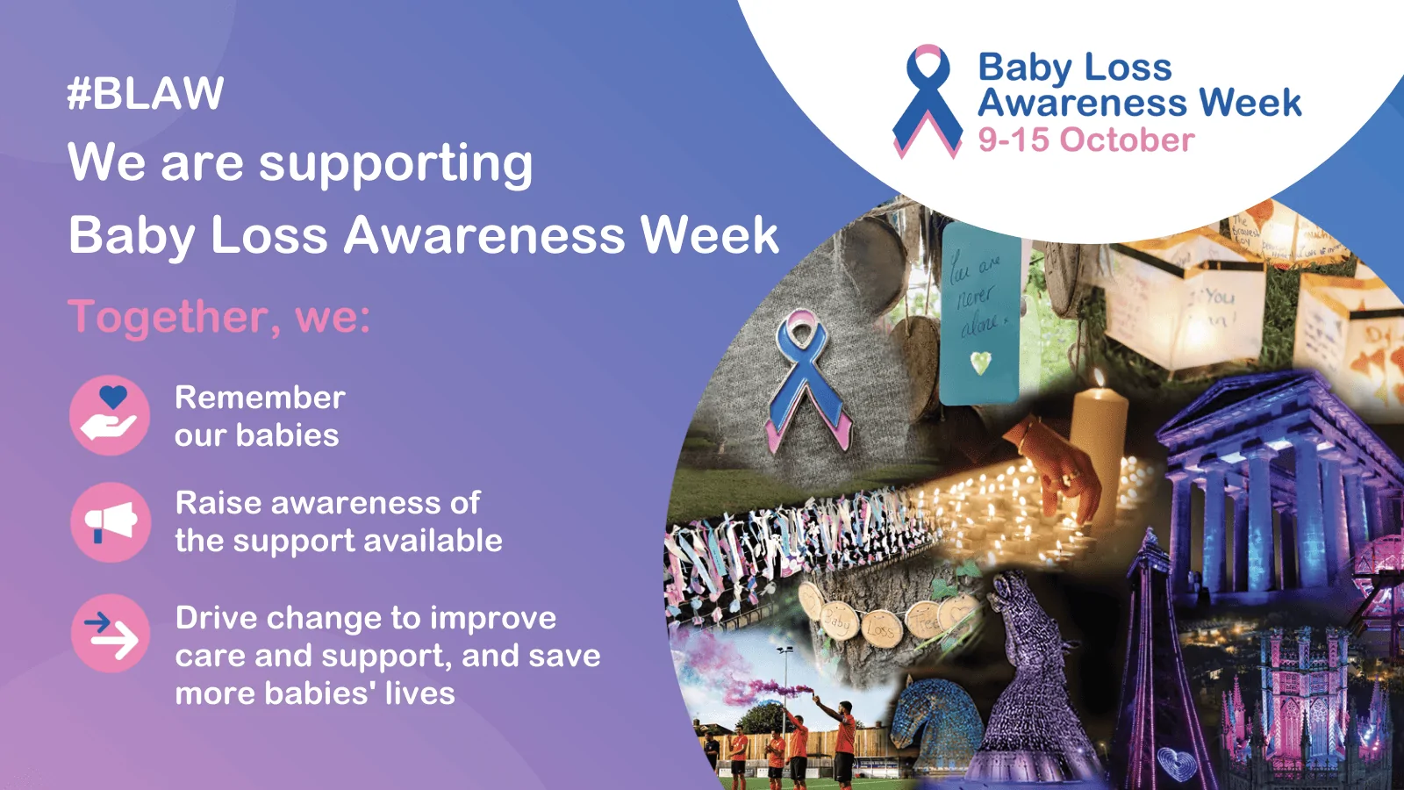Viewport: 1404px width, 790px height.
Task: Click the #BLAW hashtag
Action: point(146,94)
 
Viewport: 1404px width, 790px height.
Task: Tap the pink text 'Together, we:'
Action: point(219,316)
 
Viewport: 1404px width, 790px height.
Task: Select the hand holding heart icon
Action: point(110,415)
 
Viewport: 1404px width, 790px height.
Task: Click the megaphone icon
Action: point(110,522)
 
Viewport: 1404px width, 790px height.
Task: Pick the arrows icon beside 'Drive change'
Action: point(110,634)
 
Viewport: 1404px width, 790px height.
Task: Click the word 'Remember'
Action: point(260,398)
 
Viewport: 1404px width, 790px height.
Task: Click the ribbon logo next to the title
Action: point(928,101)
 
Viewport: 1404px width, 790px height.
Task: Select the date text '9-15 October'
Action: point(1086,140)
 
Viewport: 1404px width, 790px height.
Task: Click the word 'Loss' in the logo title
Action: point(1128,68)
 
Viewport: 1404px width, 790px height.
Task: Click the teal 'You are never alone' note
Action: point(980,312)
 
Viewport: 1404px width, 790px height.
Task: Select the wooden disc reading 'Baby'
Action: point(837,622)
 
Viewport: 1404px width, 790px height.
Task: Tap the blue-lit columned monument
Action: point(1272,492)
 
